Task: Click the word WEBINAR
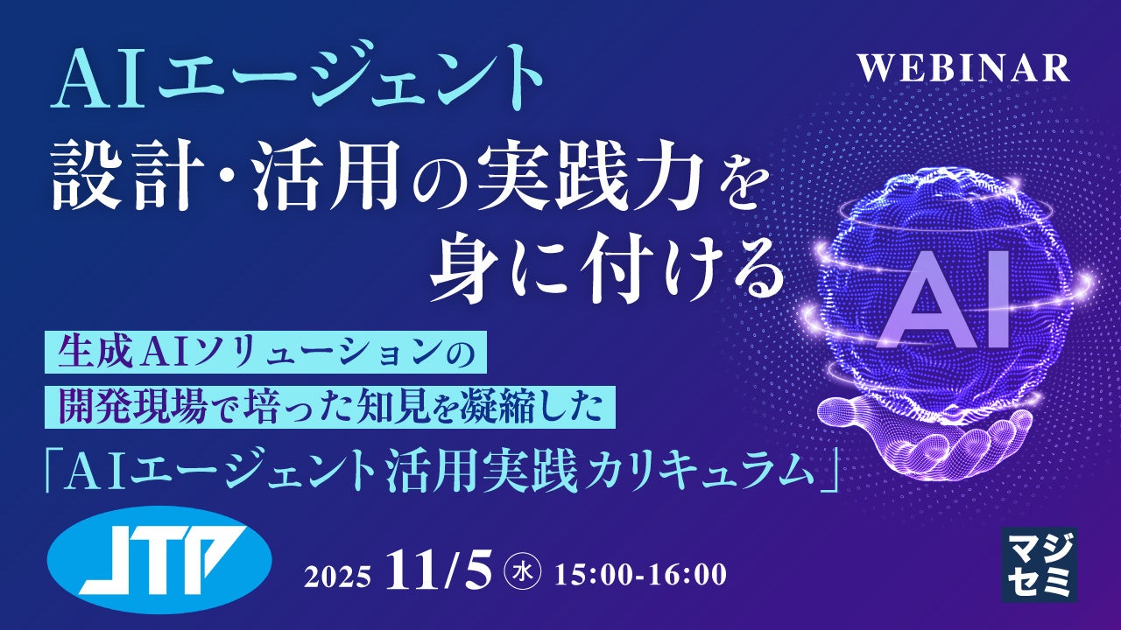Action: [963, 68]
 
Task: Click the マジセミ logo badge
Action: [1039, 564]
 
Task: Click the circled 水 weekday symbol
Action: [523, 573]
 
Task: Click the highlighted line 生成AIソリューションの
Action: [263, 355]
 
